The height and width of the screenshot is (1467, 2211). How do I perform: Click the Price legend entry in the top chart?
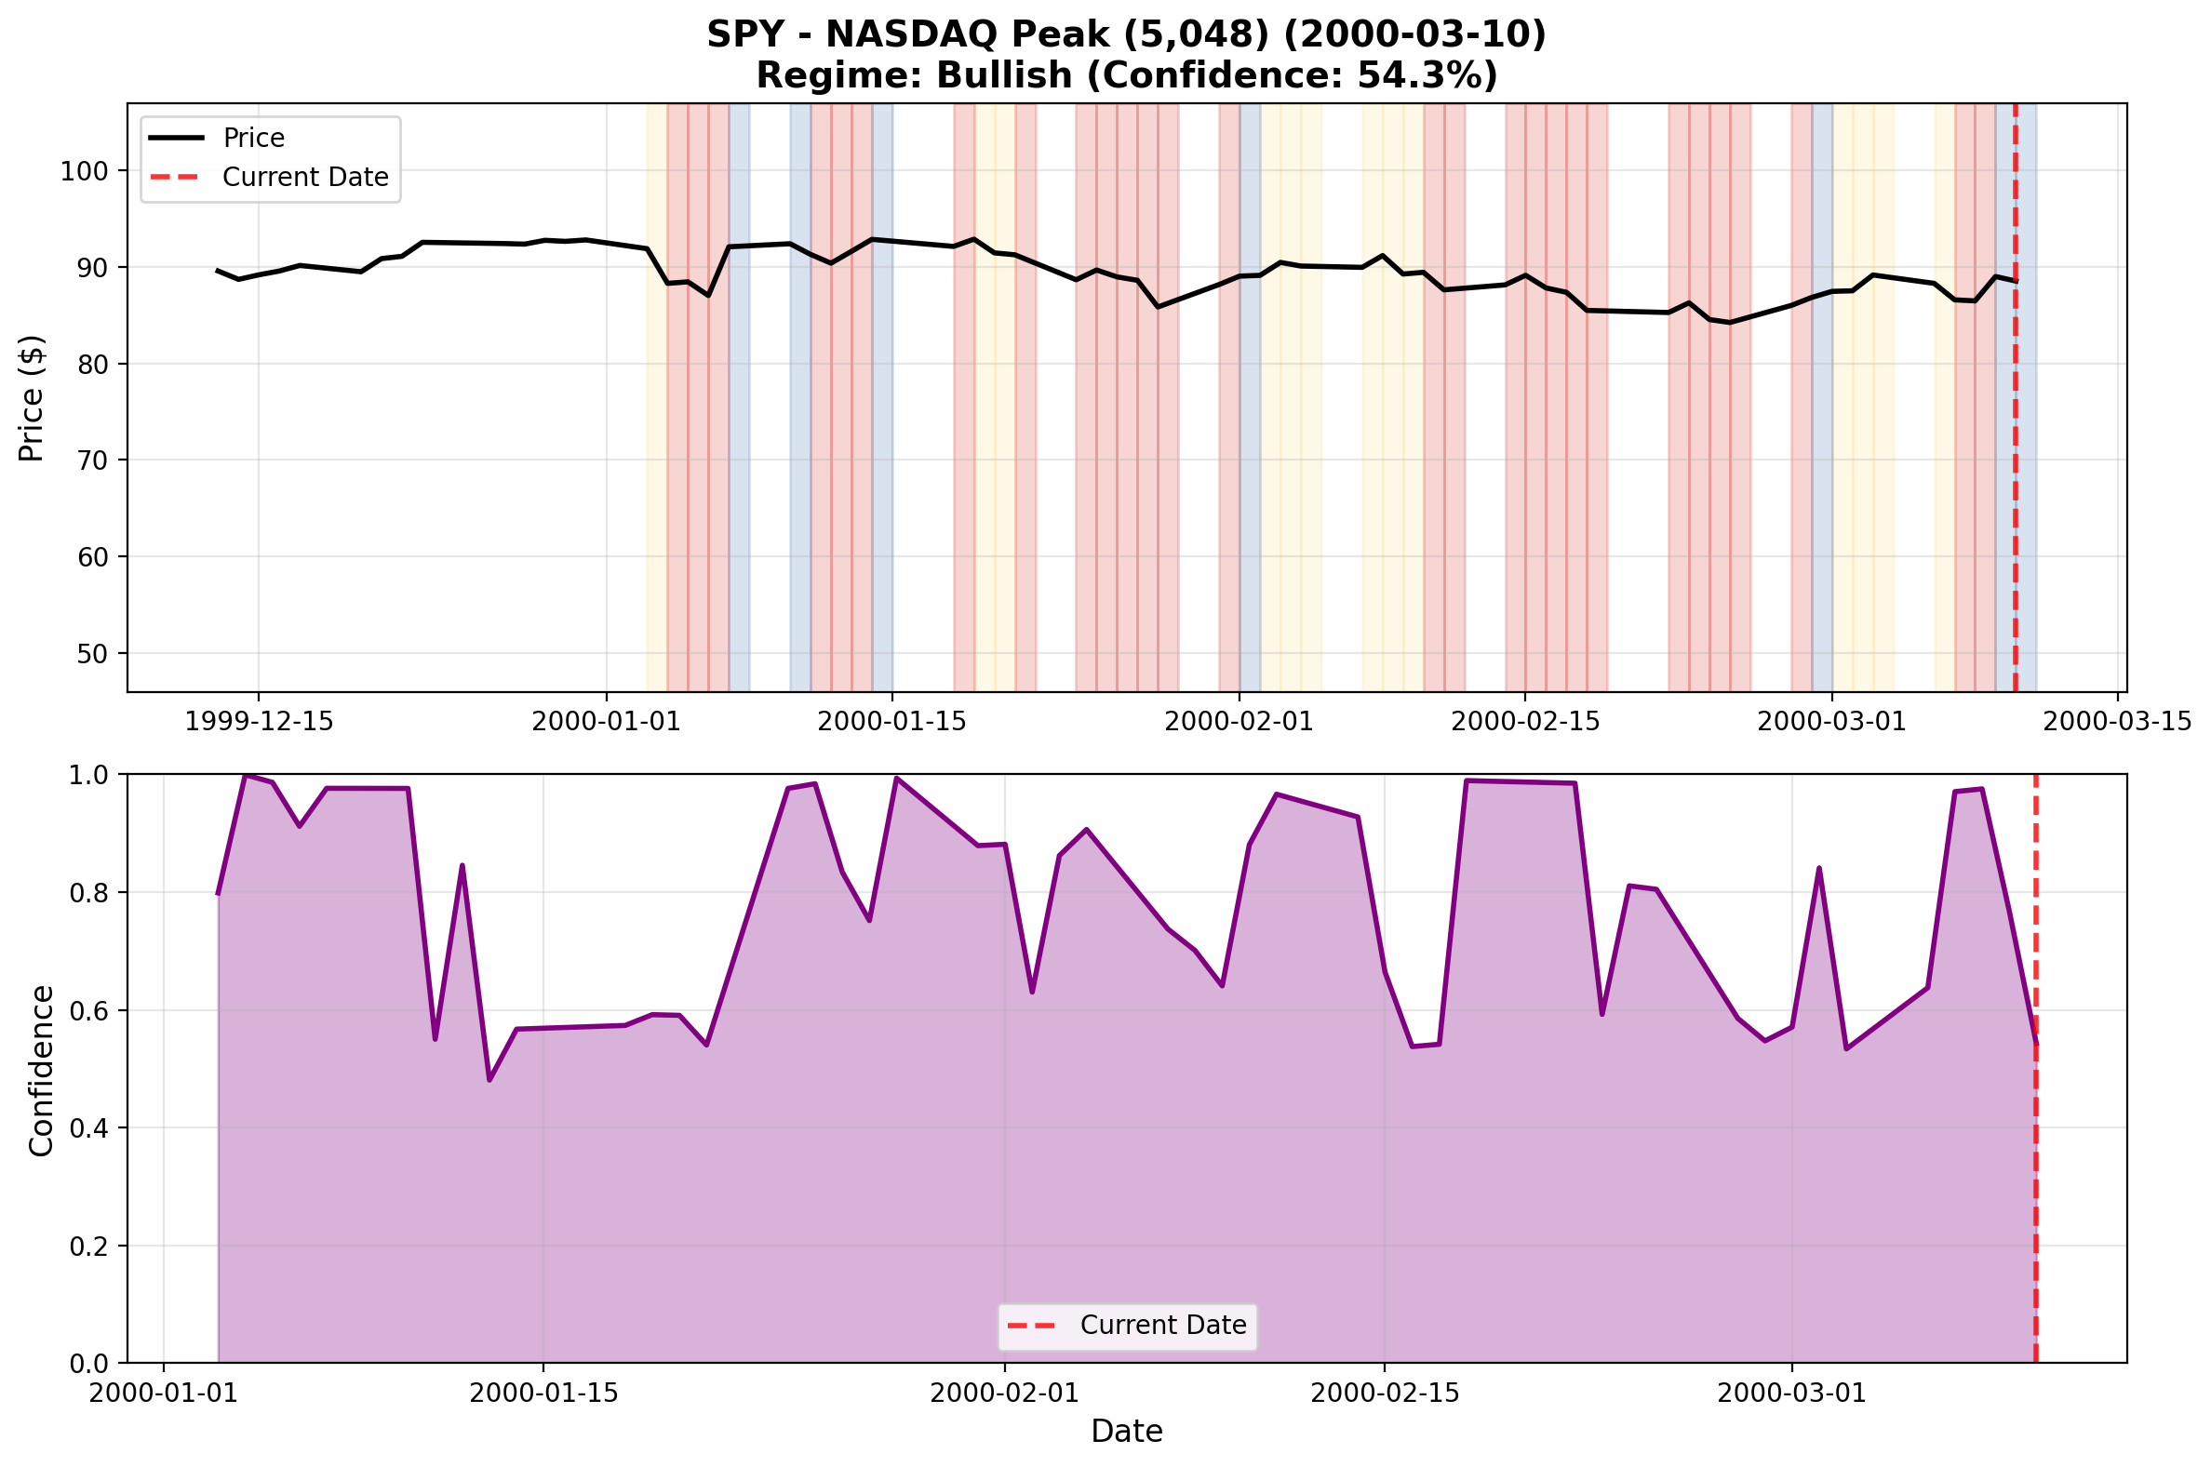tap(252, 139)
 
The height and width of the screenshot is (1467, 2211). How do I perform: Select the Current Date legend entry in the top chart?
tap(304, 178)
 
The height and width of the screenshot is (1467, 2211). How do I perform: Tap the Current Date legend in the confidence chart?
tap(1162, 1326)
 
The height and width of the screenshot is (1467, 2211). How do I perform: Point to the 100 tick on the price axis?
tap(84, 171)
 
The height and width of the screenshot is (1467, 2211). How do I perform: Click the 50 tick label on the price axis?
tap(92, 654)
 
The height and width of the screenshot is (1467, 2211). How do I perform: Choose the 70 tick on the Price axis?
tap(92, 460)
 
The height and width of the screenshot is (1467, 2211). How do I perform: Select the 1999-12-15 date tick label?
tap(260, 722)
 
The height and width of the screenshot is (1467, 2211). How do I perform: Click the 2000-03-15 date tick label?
tap(2116, 722)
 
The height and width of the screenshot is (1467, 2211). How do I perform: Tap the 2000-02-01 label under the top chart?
tap(1239, 722)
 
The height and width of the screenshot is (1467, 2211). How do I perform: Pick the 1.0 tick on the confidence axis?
tap(92, 776)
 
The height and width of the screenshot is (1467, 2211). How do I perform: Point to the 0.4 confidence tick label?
tap(92, 1129)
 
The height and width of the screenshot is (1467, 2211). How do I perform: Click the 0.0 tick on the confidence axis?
tap(92, 1364)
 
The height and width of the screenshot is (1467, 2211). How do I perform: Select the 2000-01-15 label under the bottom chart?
tap(543, 1394)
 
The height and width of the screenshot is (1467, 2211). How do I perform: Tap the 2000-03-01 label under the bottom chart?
tap(1792, 1394)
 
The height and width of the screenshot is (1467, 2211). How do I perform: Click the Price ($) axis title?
tap(32, 398)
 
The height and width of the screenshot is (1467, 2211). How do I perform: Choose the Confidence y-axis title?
tap(41, 1071)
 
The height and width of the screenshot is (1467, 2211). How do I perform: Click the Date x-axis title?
tap(1127, 1433)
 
